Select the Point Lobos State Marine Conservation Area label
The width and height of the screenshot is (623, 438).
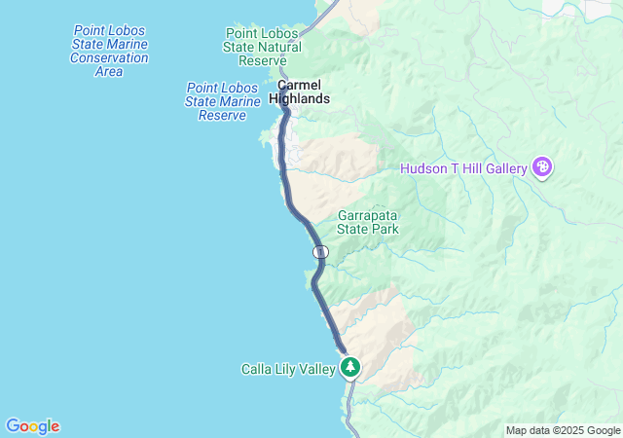coord(110,51)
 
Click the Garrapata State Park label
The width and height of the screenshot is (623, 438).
coord(368,222)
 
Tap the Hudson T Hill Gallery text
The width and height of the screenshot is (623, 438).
coord(463,169)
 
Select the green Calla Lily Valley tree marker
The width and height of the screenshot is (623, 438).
coord(350,367)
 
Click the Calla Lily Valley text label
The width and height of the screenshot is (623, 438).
coord(287,369)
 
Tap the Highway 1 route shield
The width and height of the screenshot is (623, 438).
coord(321,252)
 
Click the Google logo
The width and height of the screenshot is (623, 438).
coord(32,426)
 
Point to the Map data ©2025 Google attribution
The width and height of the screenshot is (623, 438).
coord(563,430)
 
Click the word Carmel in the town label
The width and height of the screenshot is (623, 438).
coord(300,85)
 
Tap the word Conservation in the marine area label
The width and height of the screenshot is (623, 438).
coord(110,57)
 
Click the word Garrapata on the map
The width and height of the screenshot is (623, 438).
coord(368,215)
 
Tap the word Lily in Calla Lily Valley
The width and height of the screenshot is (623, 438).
coord(287,369)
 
